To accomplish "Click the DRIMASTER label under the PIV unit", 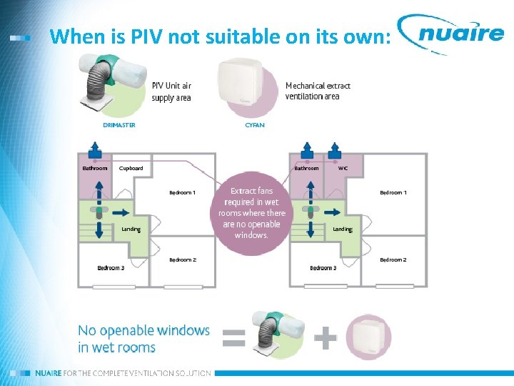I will tap(119, 125).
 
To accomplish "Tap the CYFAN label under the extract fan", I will tap(255, 125).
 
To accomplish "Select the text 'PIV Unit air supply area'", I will tap(171, 91).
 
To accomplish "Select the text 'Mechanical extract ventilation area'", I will tap(318, 91).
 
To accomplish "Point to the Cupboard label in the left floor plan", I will tap(131, 169).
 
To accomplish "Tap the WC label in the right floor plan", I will tap(343, 169).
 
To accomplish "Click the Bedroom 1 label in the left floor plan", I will tap(183, 192).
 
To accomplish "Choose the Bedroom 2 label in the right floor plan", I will tap(393, 259).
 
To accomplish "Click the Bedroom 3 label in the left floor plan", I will tap(111, 268).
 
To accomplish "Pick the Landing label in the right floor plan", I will tap(343, 229).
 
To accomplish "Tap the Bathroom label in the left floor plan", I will tap(95, 169).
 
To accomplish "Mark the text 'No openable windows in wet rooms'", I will tap(143, 339).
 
